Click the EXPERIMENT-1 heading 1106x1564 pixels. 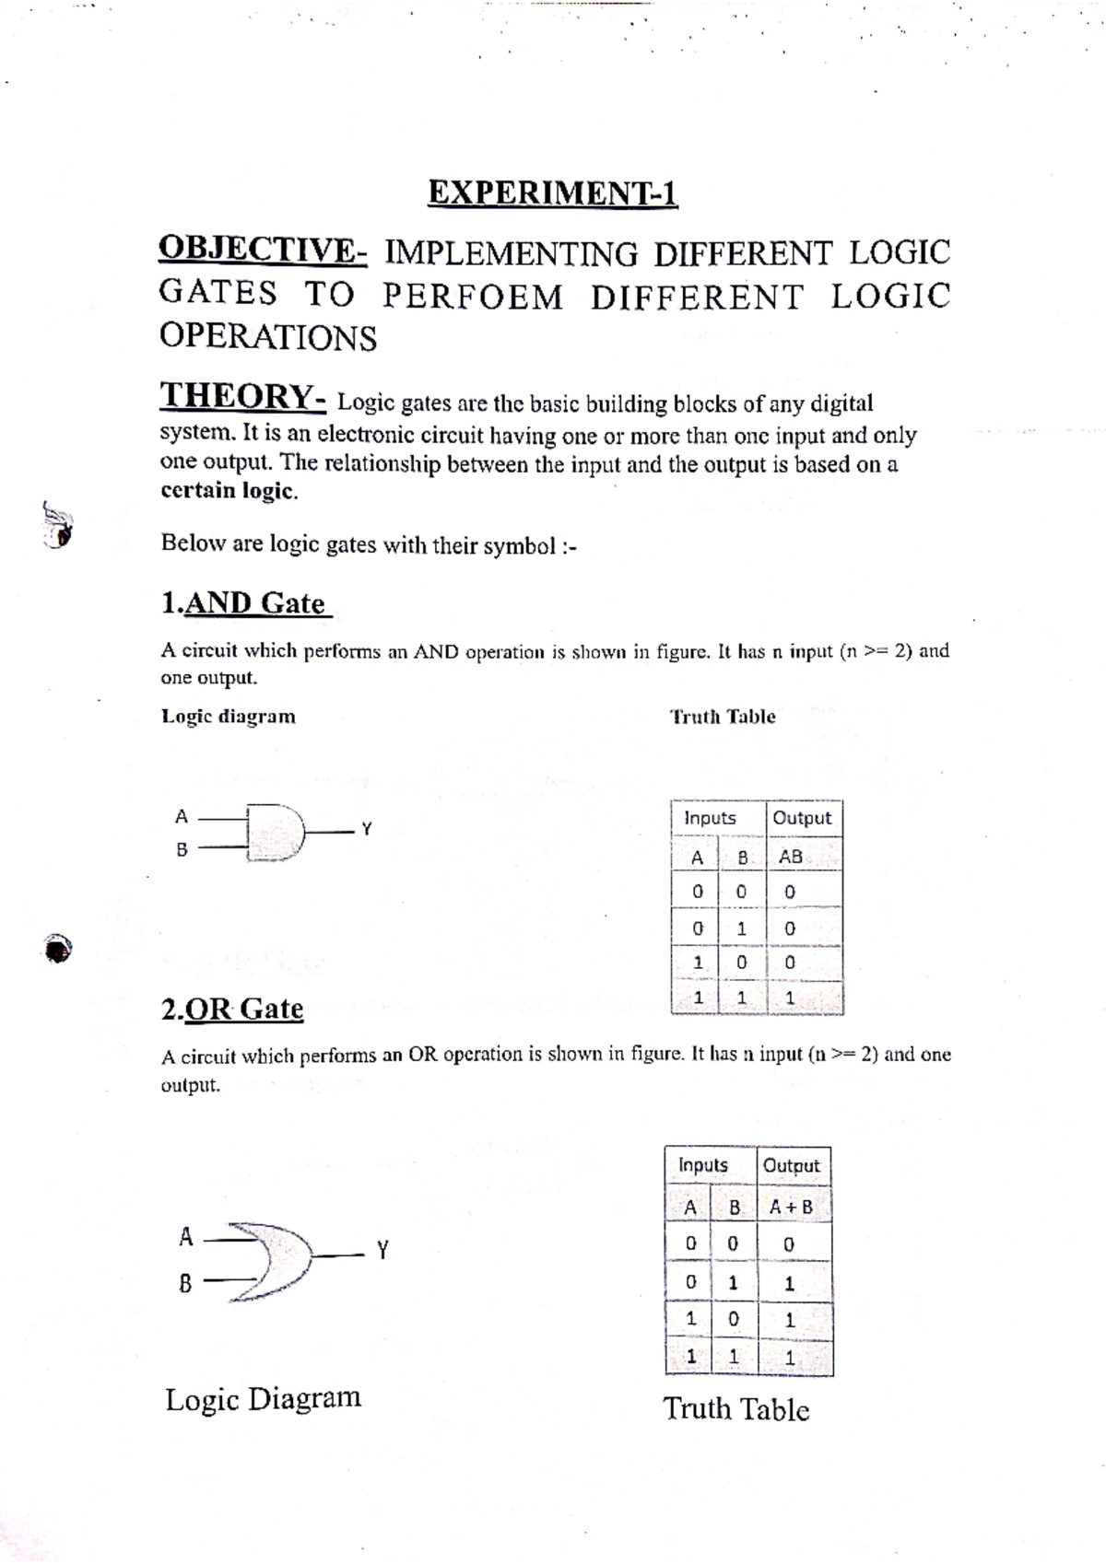click(x=552, y=193)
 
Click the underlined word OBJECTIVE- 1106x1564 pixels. click(x=263, y=250)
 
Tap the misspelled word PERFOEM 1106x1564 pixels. click(x=472, y=297)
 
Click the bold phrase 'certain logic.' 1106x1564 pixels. click(x=229, y=491)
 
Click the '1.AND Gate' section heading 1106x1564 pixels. click(x=243, y=603)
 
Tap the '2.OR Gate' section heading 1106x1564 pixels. click(x=232, y=1009)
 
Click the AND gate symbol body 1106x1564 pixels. click(x=276, y=834)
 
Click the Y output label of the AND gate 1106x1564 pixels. click(x=366, y=829)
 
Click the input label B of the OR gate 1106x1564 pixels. click(x=185, y=1282)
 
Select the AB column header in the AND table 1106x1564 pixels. click(x=791, y=857)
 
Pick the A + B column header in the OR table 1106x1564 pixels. click(x=791, y=1207)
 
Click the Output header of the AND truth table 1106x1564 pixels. click(x=802, y=818)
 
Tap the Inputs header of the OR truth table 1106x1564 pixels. click(x=703, y=1165)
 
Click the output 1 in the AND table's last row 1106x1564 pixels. click(x=790, y=998)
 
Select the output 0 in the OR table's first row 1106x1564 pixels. click(x=788, y=1244)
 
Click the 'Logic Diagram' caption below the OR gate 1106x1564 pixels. click(x=264, y=1398)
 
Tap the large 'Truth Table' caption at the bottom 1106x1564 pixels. click(x=735, y=1409)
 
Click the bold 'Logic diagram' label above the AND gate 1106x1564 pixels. click(x=229, y=717)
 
